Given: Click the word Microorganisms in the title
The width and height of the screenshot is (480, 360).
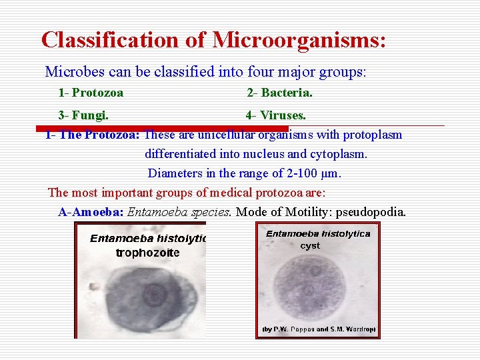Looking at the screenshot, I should pos(299,39).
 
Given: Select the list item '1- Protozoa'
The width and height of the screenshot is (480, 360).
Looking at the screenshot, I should pos(91,93).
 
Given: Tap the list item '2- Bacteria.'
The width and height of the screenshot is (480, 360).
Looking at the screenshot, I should pos(279,93).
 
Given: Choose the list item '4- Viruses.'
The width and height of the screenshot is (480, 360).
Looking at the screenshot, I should pos(275,115).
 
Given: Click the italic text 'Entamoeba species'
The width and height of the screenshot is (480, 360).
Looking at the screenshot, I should pos(179,212).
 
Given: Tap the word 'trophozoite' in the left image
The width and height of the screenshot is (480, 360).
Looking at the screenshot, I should pos(147,253).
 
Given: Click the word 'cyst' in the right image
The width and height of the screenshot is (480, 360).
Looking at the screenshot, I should pos(310,245).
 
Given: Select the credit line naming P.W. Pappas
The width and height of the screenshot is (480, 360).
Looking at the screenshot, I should pos(317,329).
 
